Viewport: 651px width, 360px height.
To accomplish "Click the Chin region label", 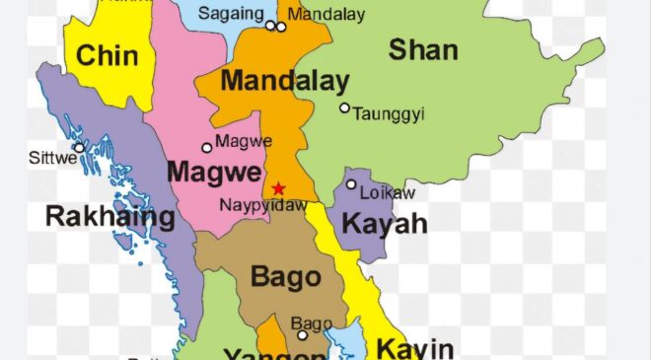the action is tap(107, 56).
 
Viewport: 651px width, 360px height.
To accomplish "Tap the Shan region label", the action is tap(423, 50).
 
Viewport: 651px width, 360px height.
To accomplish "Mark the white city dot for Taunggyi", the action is tap(344, 108).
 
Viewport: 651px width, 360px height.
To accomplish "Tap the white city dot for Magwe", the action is tap(207, 148).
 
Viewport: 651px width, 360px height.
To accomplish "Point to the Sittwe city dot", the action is tap(78, 147).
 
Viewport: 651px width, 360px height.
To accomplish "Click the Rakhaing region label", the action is tap(110, 217).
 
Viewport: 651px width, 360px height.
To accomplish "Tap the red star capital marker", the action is tap(279, 188).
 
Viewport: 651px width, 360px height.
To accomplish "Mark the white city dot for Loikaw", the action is tap(351, 184).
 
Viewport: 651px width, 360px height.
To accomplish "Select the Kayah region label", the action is tap(385, 224).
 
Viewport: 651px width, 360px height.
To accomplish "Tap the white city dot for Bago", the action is tap(303, 335).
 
